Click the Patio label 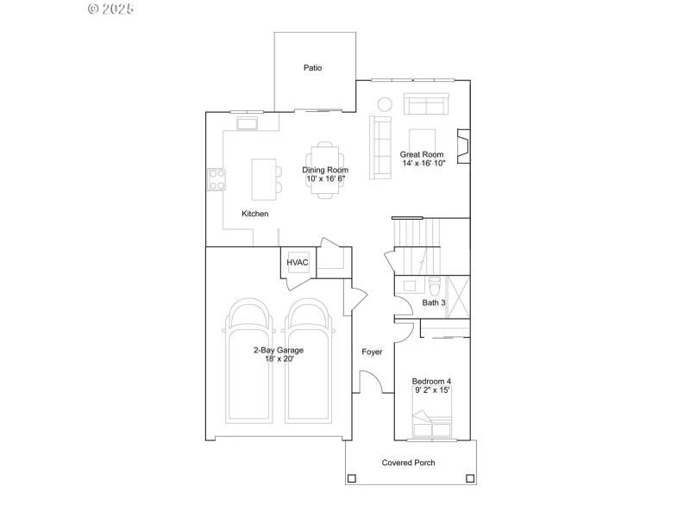[312, 67]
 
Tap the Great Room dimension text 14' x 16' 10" [423, 163]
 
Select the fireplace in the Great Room [463, 146]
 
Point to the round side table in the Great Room [384, 105]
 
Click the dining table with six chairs [325, 170]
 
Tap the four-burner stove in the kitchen [216, 179]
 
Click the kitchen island [263, 176]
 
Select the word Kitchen [254, 214]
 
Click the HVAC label [298, 263]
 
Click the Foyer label [372, 352]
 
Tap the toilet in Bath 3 [434, 285]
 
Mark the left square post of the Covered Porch [351, 478]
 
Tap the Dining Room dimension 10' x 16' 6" [325, 178]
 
